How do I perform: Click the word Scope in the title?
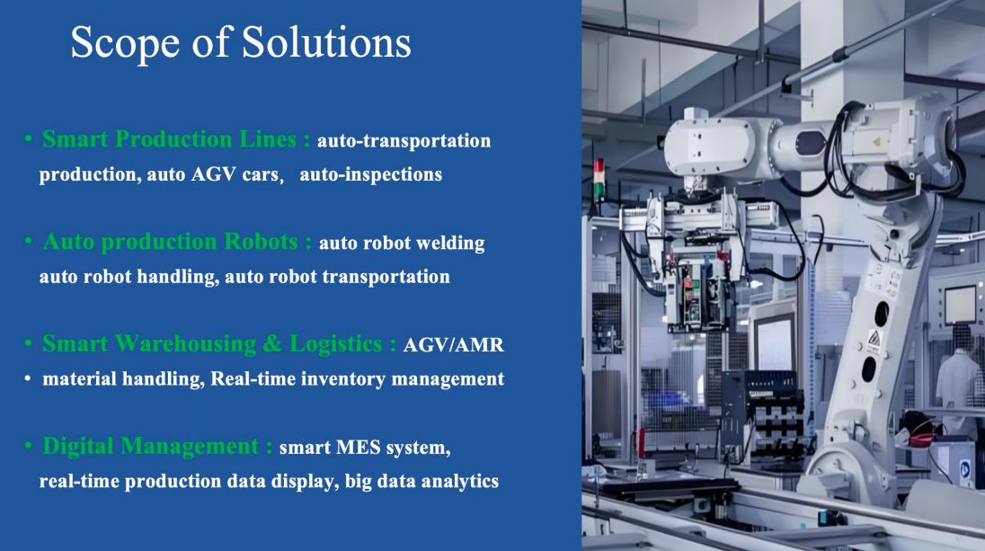click(x=126, y=43)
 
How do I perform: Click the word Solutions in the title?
click(x=326, y=42)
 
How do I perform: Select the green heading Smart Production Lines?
click(x=169, y=138)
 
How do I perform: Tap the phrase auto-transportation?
click(x=404, y=140)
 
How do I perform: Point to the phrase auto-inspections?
click(x=370, y=174)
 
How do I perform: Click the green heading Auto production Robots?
click(x=170, y=241)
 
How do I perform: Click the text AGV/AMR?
click(x=453, y=345)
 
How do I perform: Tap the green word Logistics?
click(x=335, y=343)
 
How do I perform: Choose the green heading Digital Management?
click(x=151, y=446)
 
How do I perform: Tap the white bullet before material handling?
click(x=27, y=378)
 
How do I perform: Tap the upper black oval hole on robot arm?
click(x=882, y=314)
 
